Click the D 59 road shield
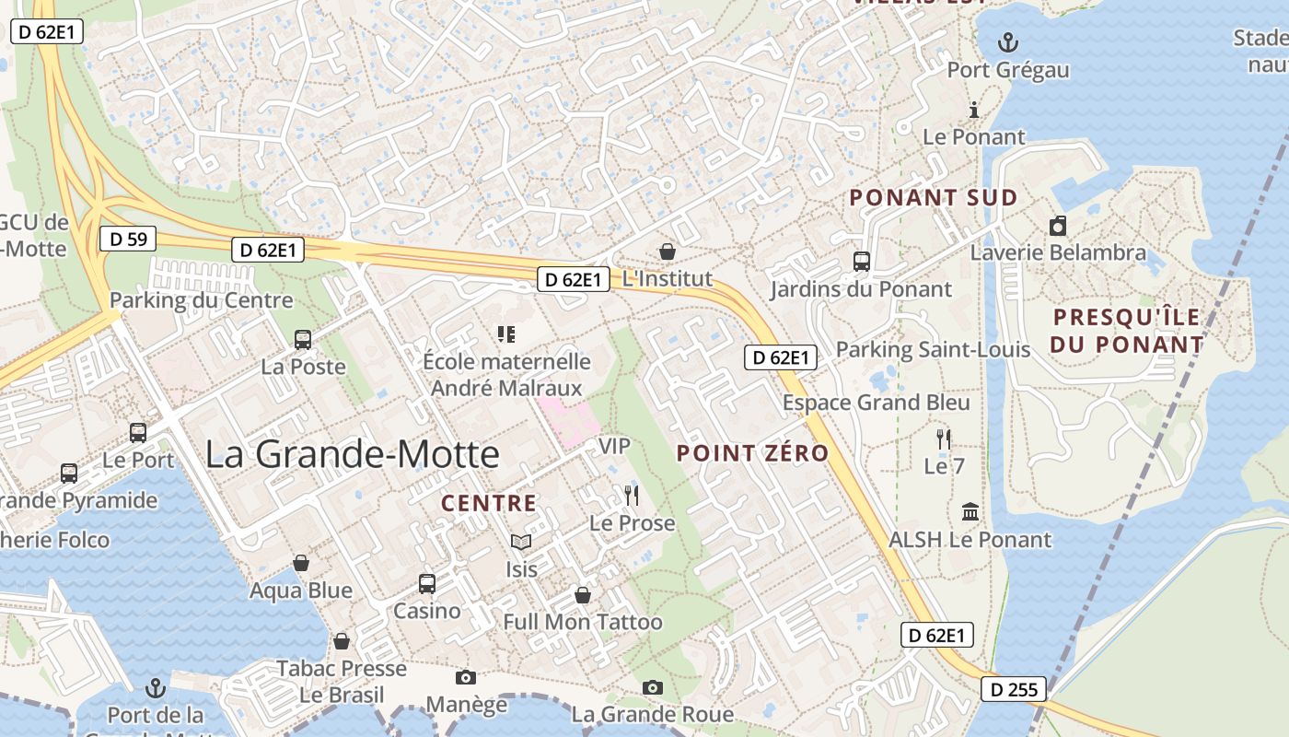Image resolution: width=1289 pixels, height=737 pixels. [x=128, y=240]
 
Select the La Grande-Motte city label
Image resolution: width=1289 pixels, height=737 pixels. [x=353, y=454]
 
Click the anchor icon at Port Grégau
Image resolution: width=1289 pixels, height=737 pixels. [x=1009, y=42]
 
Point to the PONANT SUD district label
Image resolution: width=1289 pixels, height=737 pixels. [x=933, y=197]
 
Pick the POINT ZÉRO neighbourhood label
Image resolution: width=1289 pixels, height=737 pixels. [x=752, y=452]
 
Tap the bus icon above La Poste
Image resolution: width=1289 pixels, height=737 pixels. [x=303, y=339]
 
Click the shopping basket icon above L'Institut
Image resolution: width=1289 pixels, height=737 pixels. [x=668, y=251]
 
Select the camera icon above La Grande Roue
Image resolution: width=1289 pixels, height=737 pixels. [x=653, y=687]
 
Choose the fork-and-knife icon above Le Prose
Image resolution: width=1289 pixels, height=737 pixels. [x=632, y=496]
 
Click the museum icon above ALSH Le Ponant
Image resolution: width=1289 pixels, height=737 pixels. [x=970, y=512]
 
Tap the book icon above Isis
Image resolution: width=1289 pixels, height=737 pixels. [x=521, y=542]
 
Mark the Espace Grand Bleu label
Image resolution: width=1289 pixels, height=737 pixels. [x=876, y=403]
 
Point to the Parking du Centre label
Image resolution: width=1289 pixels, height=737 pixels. [x=201, y=300]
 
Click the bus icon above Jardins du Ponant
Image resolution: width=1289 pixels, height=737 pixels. [x=862, y=262]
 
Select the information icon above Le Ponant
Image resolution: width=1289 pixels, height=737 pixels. [x=974, y=111]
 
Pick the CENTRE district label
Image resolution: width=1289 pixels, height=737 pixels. [x=488, y=503]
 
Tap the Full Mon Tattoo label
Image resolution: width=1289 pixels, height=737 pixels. [x=582, y=622]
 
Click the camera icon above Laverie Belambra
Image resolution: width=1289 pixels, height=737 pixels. [x=1058, y=226]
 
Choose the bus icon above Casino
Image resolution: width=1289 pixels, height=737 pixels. [x=426, y=583]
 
